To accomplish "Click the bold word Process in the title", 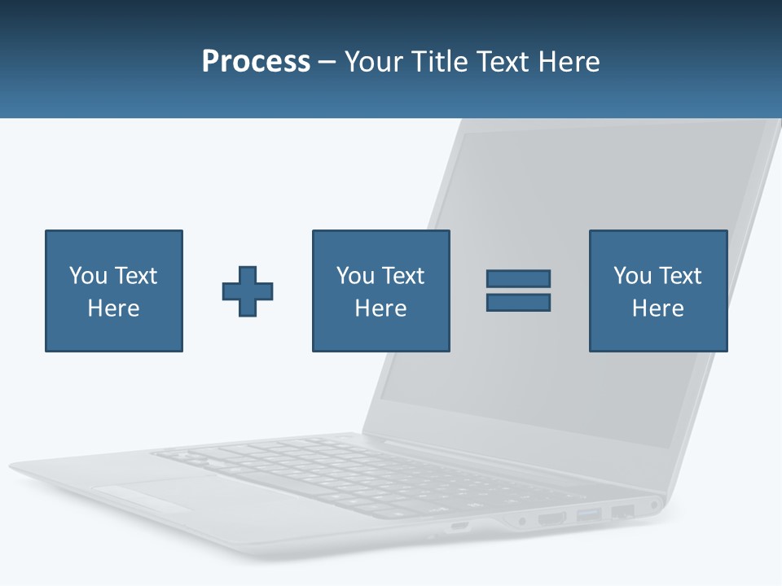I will coord(256,62).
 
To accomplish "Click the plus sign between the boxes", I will coord(248,291).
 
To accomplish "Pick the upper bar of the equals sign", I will coord(518,278).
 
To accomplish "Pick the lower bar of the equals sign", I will coord(518,302).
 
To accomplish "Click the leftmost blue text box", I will coord(114,291).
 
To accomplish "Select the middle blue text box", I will coord(380,291).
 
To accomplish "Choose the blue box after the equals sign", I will coord(658,291).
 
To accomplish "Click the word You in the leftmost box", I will coord(88,276).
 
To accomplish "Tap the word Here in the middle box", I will coord(380,308).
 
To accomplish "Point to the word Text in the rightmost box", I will coord(681,276).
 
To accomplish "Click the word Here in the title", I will coord(569,62).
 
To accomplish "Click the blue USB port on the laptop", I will coord(588,514).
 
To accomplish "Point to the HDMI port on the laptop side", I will coord(551,518).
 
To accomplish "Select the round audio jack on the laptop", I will coord(654,505).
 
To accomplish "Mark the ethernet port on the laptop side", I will coord(623,512).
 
